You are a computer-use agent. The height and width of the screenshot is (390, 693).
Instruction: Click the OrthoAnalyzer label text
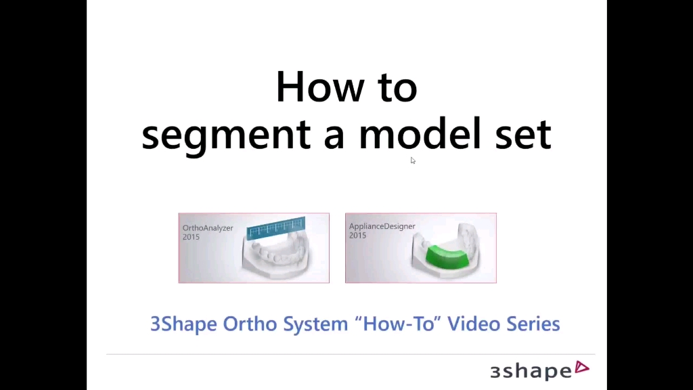tap(208, 228)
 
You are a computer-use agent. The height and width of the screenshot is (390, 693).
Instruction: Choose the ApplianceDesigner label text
tap(382, 226)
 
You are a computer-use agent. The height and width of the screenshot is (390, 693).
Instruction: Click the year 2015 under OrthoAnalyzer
tap(191, 237)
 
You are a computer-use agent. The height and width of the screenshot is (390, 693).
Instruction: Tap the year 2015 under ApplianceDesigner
tap(357, 235)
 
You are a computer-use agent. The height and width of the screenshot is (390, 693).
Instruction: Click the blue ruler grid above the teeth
tap(276, 228)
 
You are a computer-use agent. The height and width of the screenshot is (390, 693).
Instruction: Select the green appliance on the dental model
tap(447, 257)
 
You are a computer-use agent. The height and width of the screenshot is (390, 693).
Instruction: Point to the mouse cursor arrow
tap(413, 160)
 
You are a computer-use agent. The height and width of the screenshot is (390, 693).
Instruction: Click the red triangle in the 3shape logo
tap(581, 368)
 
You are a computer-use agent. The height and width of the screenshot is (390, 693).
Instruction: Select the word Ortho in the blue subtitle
tap(250, 323)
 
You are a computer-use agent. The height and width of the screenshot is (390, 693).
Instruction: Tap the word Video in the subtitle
tap(474, 323)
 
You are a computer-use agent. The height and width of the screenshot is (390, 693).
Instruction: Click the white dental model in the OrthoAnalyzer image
tap(275, 257)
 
